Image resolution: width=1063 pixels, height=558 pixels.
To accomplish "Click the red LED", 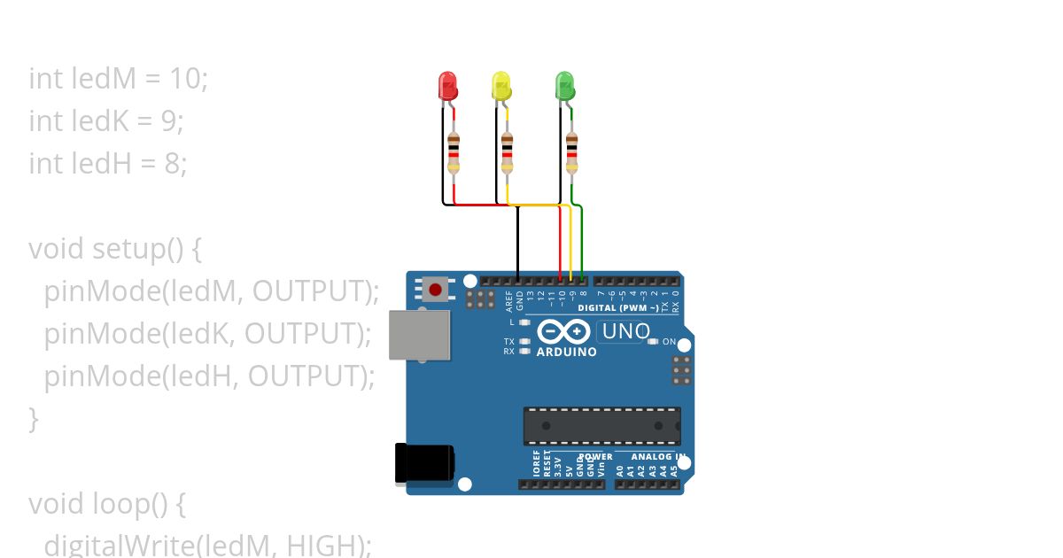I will [449, 87].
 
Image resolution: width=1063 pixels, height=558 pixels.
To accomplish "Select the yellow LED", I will [501, 87].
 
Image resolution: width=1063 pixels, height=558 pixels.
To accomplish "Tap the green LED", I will [564, 87].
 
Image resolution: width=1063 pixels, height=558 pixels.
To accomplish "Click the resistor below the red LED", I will [454, 151].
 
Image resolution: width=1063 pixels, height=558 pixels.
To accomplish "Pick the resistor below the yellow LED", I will [507, 151].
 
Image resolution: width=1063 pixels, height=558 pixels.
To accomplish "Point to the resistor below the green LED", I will [570, 151].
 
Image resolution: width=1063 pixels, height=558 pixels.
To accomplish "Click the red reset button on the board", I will [435, 289].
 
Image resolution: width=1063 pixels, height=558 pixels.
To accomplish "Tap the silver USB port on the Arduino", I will [419, 335].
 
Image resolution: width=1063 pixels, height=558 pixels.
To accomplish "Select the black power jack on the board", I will [424, 463].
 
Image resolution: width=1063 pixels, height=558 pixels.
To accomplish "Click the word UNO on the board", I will [625, 332].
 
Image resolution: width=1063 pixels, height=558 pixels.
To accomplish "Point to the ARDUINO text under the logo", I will [566, 352].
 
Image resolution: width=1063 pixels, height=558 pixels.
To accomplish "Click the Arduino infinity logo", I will [564, 332].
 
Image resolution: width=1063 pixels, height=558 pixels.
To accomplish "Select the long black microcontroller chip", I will [601, 425].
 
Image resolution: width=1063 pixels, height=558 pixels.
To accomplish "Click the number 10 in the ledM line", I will [185, 79].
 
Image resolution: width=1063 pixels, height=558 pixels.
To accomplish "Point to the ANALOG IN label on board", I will [656, 457].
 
